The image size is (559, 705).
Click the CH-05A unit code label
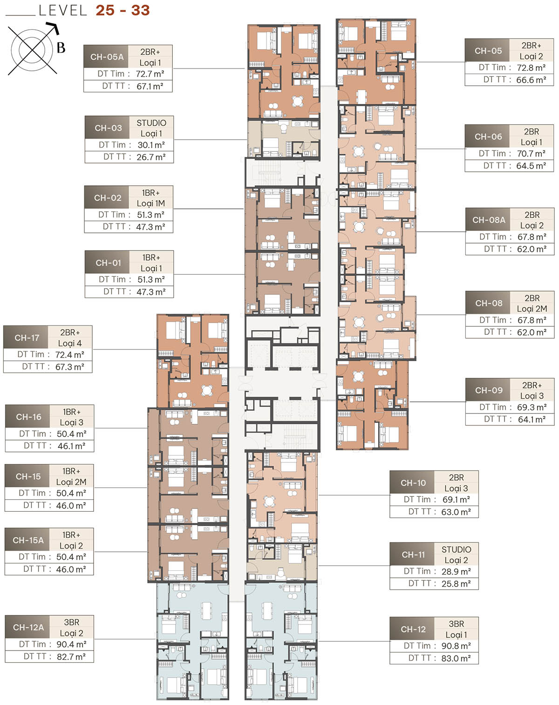click(107, 57)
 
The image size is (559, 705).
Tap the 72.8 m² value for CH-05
click(531, 68)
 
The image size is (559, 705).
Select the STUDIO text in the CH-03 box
click(151, 123)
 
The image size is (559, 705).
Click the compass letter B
click(61, 47)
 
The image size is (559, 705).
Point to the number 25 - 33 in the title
click(123, 10)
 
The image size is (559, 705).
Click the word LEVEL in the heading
click(63, 10)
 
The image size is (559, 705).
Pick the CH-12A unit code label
click(28, 627)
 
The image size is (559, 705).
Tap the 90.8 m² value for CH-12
click(456, 646)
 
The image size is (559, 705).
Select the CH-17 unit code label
click(27, 338)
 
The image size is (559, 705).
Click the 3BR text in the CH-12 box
click(456, 624)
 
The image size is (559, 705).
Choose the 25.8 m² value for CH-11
click(456, 583)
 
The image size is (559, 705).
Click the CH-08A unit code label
click(488, 220)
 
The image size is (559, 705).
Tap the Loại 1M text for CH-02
click(151, 203)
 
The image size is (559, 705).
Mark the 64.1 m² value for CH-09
click(532, 419)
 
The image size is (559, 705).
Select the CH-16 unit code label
click(28, 417)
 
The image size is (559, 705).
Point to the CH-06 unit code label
click(488, 136)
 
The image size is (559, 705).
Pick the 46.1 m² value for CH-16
click(71, 446)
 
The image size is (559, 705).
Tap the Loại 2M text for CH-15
click(71, 482)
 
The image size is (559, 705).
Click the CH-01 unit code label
click(108, 263)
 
